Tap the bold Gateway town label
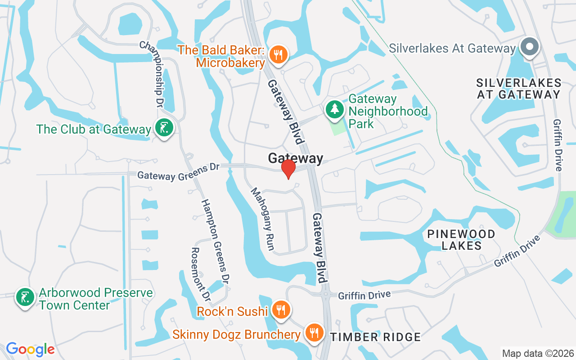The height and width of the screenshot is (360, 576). (296, 158)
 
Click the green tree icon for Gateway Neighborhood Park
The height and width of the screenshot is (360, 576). (334, 109)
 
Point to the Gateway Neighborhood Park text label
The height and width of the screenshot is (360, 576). (387, 111)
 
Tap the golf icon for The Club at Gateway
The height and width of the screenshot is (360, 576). (164, 129)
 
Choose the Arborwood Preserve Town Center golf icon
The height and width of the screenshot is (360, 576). (25, 297)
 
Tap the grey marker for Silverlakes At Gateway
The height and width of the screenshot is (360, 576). (529, 47)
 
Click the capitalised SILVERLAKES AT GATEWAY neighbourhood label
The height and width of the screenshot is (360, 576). (519, 89)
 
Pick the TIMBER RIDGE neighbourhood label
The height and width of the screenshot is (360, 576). (376, 337)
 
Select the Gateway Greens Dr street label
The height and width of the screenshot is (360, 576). (178, 172)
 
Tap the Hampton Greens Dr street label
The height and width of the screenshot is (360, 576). (215, 241)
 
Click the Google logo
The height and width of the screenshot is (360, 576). (30, 349)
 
